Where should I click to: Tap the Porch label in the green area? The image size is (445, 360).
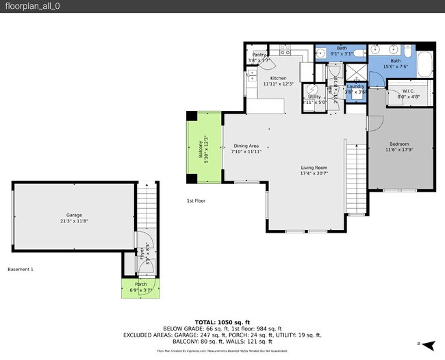(x=140, y=284)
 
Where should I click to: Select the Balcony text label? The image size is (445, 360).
(x=201, y=149)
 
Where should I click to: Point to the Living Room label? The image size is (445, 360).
(x=315, y=168)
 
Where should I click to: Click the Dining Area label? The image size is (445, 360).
(x=246, y=146)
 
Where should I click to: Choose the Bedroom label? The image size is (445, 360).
(x=397, y=144)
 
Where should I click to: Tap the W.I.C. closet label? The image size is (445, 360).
(x=408, y=91)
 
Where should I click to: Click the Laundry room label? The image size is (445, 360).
(x=355, y=87)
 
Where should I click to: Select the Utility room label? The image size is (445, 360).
(x=314, y=97)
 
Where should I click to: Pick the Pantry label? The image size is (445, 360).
(x=259, y=55)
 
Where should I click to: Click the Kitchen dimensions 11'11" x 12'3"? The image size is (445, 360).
(x=278, y=84)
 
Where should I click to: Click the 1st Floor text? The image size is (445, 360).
(x=196, y=201)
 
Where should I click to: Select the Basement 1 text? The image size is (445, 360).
(x=21, y=269)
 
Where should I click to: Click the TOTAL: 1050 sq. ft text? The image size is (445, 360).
(x=222, y=322)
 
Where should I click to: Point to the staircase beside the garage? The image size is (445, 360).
(x=147, y=205)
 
